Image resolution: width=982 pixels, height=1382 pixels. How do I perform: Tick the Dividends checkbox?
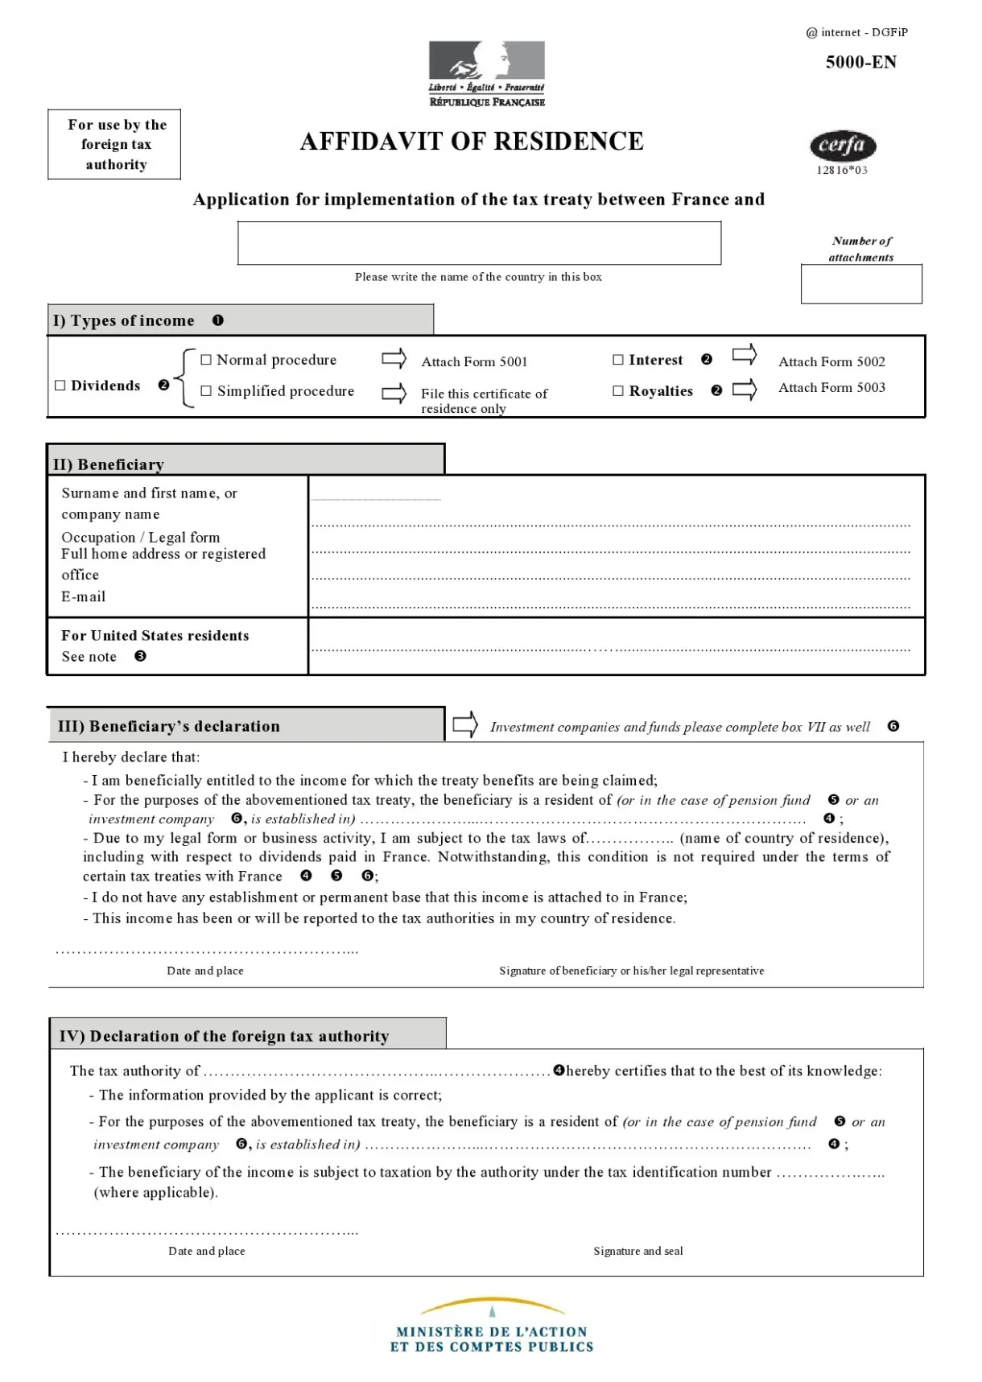point(60,386)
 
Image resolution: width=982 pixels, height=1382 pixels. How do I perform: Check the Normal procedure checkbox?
point(206,360)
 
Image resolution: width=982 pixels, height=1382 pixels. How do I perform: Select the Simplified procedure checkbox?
point(206,390)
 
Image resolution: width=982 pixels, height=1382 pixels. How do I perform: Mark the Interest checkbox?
point(618,360)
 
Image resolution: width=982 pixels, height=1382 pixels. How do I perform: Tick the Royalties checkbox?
point(618,390)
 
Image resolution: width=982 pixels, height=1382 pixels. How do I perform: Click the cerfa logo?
point(842,146)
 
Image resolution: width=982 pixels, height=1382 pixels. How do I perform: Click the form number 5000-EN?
point(860,62)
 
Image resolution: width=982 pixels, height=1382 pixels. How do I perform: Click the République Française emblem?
point(486,73)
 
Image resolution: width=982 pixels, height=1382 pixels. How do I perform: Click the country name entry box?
point(479,243)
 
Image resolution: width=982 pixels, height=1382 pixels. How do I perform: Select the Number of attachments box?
point(860,284)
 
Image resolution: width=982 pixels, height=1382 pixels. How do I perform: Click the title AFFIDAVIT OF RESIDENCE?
point(472,142)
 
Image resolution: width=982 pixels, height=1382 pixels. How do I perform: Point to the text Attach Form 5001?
point(474,362)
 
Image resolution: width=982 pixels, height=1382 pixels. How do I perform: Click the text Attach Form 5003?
point(831,388)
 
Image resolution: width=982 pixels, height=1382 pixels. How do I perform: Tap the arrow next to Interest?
point(745,354)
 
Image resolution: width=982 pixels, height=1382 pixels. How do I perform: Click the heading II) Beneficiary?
point(109,464)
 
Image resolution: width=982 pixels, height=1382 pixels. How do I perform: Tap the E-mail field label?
point(84,596)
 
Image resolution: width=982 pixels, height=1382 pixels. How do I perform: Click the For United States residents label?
point(155,635)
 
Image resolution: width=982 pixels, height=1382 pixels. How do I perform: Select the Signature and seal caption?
point(637,1251)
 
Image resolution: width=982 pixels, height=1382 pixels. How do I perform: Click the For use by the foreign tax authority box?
point(114,144)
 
